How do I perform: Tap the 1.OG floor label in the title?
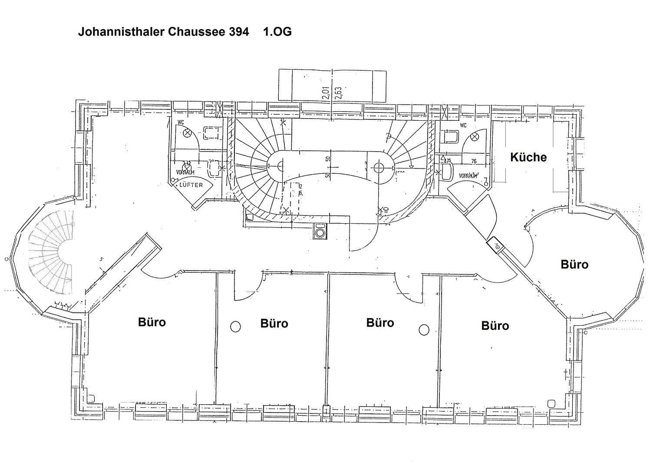(277, 32)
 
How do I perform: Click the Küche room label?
(528, 157)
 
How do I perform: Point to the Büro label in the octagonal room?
(574, 264)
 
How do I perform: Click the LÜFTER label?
(191, 185)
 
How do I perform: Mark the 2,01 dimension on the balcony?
(326, 92)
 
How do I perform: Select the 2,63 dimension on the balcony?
(338, 92)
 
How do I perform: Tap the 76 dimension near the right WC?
(474, 162)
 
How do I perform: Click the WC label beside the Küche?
(463, 126)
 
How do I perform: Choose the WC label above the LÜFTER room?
(181, 123)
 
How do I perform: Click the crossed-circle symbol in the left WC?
(188, 133)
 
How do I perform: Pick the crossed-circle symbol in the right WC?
(474, 137)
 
